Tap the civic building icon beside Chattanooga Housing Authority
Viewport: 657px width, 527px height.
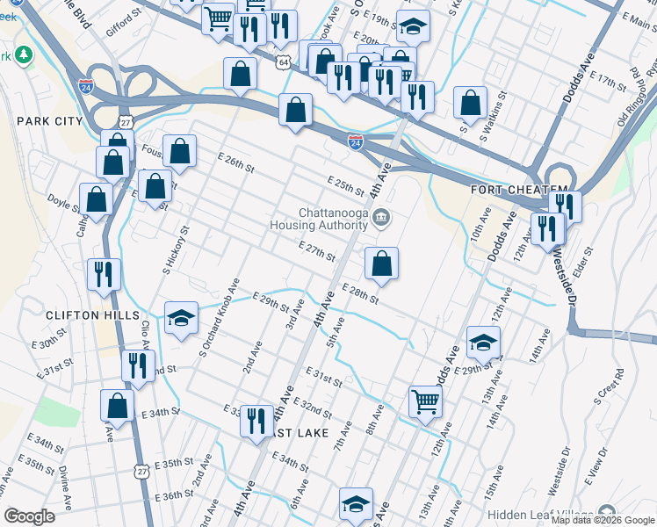[380, 218]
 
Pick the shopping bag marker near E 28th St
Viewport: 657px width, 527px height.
[382, 263]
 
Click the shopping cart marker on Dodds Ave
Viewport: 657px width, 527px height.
[425, 402]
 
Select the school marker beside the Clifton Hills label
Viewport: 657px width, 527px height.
[181, 318]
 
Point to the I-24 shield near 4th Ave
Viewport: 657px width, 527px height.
[356, 141]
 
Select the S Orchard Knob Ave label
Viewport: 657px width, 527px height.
[220, 317]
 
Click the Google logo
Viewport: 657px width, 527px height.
[30, 516]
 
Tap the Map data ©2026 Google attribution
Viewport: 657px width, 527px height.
[603, 520]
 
